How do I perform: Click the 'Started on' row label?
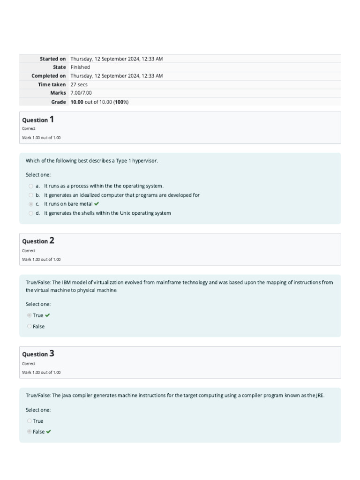click(x=52, y=59)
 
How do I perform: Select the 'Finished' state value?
click(x=80, y=67)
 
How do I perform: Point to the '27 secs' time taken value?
click(x=79, y=84)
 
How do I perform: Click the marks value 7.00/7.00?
click(x=81, y=93)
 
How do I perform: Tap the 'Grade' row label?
click(x=58, y=102)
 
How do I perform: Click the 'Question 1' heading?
click(x=38, y=120)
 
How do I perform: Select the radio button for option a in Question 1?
click(x=31, y=186)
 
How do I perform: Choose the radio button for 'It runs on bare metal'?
click(x=31, y=204)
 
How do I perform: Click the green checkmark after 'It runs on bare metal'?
click(x=97, y=204)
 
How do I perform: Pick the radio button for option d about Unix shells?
click(x=31, y=213)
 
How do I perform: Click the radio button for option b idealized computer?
click(x=31, y=195)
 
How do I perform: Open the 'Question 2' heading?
click(x=38, y=241)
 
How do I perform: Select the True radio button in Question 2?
click(x=30, y=315)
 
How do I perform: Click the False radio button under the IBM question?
click(x=30, y=326)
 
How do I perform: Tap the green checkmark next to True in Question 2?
click(x=47, y=315)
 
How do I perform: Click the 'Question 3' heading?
click(x=38, y=354)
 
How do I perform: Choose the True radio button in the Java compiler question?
click(x=30, y=421)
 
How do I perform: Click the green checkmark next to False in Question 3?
click(x=49, y=432)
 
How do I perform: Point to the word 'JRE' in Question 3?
click(x=319, y=396)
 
